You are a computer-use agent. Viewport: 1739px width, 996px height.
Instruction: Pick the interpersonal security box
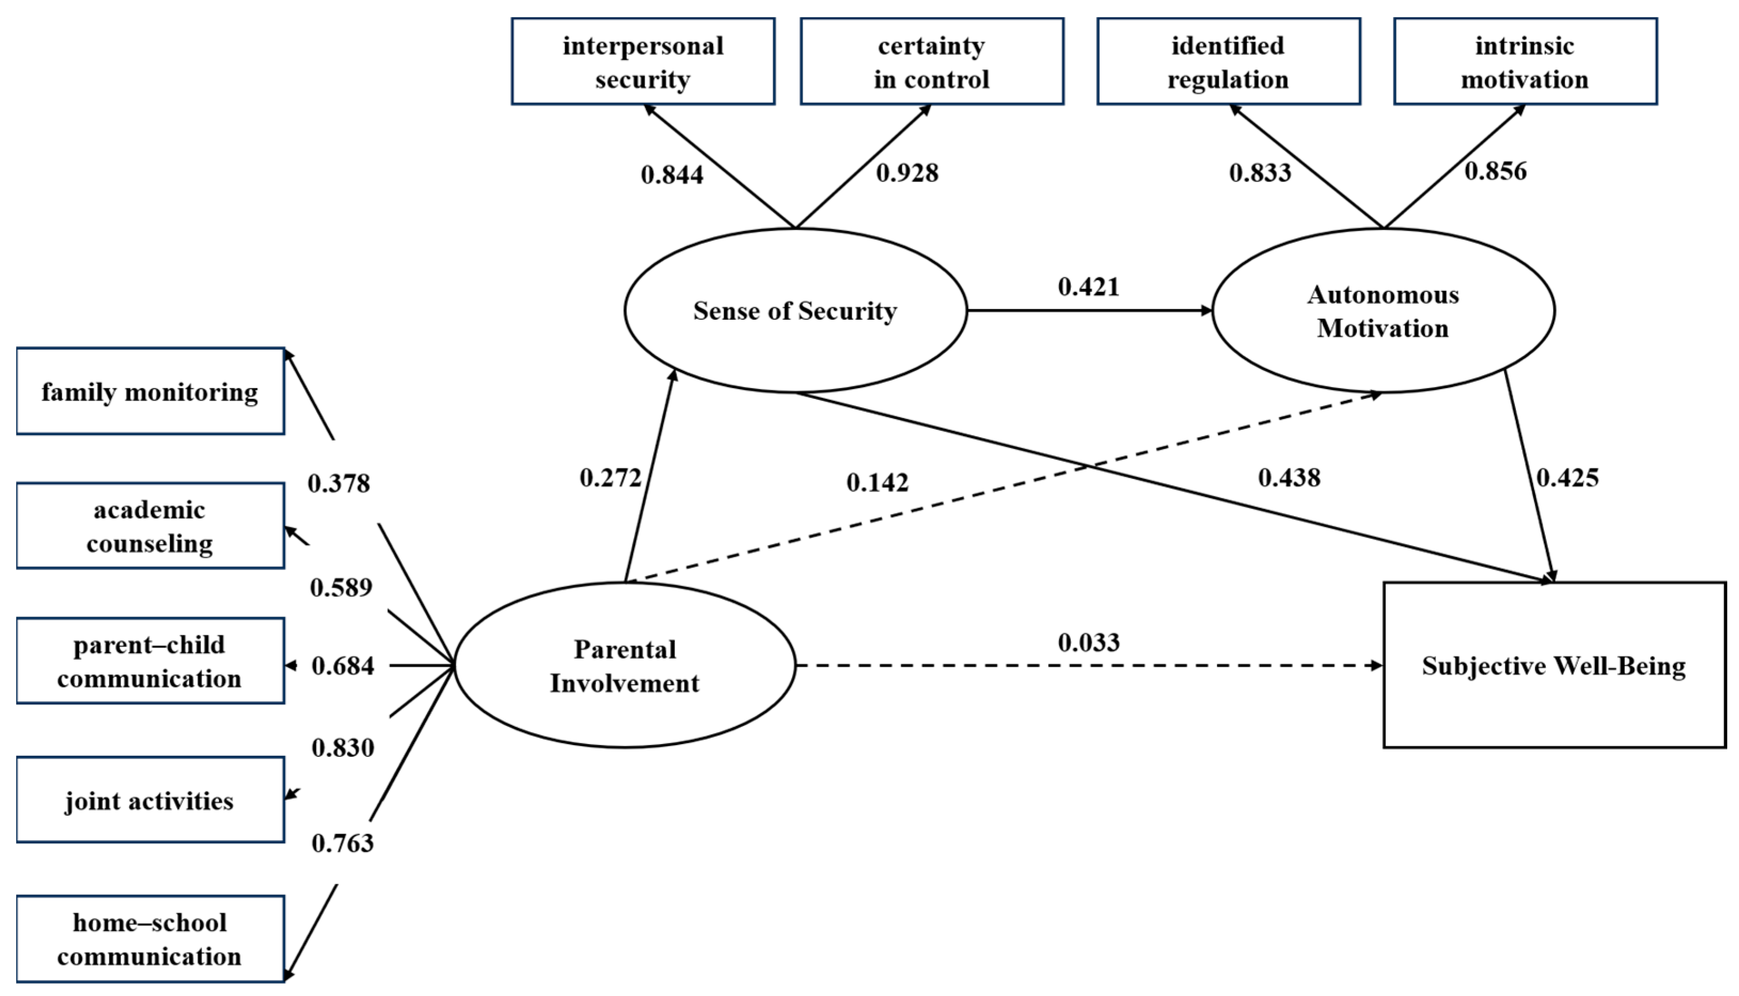[643, 61]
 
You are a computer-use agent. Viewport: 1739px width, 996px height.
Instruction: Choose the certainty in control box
[931, 61]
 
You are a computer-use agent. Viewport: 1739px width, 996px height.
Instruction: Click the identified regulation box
[1228, 61]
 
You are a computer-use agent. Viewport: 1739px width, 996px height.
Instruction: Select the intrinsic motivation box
[1525, 61]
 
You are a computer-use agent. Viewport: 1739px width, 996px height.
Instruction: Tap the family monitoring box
[150, 392]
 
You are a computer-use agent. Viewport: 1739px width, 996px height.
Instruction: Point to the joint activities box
[150, 800]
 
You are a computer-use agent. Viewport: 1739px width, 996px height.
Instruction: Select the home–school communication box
[150, 939]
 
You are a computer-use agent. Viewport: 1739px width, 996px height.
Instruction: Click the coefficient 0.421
[1089, 287]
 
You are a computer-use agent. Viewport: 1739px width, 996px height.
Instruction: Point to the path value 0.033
[1089, 642]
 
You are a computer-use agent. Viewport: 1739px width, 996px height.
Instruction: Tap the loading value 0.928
[907, 173]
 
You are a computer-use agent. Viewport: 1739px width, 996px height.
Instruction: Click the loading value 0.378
[338, 484]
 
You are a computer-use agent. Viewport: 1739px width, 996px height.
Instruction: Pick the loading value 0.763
[343, 843]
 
